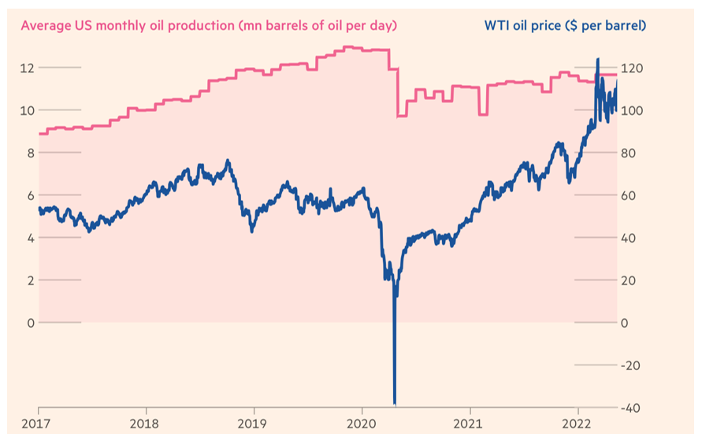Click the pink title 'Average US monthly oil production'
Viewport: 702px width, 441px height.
[x=209, y=25]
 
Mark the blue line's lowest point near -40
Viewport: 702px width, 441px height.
[x=394, y=403]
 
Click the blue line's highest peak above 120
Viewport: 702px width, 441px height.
[x=597, y=59]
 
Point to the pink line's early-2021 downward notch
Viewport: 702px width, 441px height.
[x=483, y=114]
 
